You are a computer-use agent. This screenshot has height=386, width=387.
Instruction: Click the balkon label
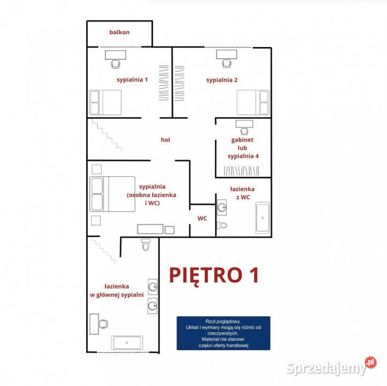(x=120, y=32)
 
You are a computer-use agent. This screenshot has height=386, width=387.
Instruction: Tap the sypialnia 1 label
(x=132, y=80)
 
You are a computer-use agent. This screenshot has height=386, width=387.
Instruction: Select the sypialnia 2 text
(x=221, y=80)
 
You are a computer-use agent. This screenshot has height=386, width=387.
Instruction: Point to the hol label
(x=166, y=140)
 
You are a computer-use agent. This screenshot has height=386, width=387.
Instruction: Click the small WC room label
(x=202, y=218)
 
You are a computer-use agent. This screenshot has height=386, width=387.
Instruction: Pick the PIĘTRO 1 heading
(x=214, y=276)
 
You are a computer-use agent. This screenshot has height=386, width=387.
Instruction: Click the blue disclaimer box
(x=224, y=333)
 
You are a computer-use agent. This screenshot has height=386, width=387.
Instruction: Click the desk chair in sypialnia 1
(x=115, y=64)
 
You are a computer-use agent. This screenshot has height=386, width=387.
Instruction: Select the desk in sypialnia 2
(x=227, y=54)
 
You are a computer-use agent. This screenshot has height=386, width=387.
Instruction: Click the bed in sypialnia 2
(x=253, y=102)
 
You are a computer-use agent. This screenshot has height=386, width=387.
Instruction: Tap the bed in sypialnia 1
(x=106, y=102)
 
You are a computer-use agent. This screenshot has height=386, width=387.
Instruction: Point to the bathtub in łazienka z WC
(x=263, y=218)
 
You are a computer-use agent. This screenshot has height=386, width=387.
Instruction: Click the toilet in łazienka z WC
(x=222, y=225)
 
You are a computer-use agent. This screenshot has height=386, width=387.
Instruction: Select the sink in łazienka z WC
(x=221, y=207)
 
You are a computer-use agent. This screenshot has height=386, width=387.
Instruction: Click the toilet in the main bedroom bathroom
(x=146, y=244)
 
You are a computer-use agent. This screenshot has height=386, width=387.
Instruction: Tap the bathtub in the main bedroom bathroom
(x=127, y=343)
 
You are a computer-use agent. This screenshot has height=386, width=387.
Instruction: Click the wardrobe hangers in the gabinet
(x=241, y=171)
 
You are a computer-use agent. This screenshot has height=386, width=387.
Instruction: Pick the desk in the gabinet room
(x=244, y=124)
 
